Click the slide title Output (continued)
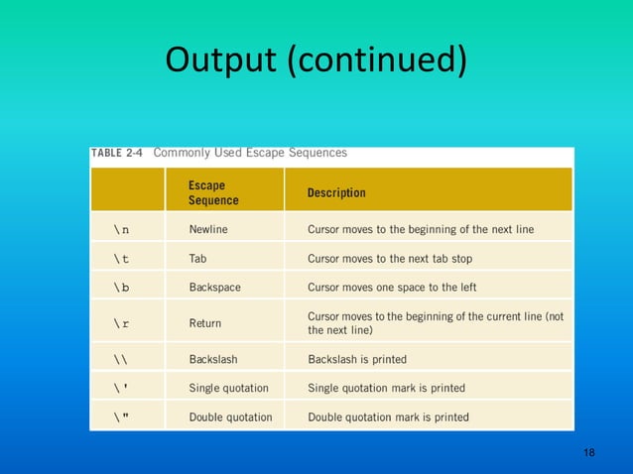pos(316,60)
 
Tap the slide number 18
pos(589,453)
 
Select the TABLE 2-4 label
pos(117,154)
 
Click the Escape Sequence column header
pos(213,192)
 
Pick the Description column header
pos(336,192)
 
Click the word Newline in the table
pos(208,229)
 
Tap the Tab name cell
pos(197,259)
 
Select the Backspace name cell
pos(214,288)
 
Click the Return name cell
pos(205,323)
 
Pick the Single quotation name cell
pos(228,388)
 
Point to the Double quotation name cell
pos(230,417)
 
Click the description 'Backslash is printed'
pos(357,359)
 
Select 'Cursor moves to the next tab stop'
pos(390,259)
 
